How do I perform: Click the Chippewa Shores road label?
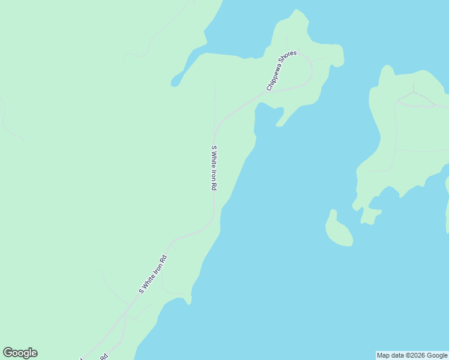282,71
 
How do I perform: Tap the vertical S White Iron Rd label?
213,168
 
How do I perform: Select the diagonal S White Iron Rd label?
152,274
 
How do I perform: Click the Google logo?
20,353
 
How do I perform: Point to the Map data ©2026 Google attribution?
412,355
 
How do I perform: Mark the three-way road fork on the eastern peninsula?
414,94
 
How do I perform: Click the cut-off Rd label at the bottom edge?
103,356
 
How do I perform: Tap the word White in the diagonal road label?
152,275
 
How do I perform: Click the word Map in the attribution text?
383,355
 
